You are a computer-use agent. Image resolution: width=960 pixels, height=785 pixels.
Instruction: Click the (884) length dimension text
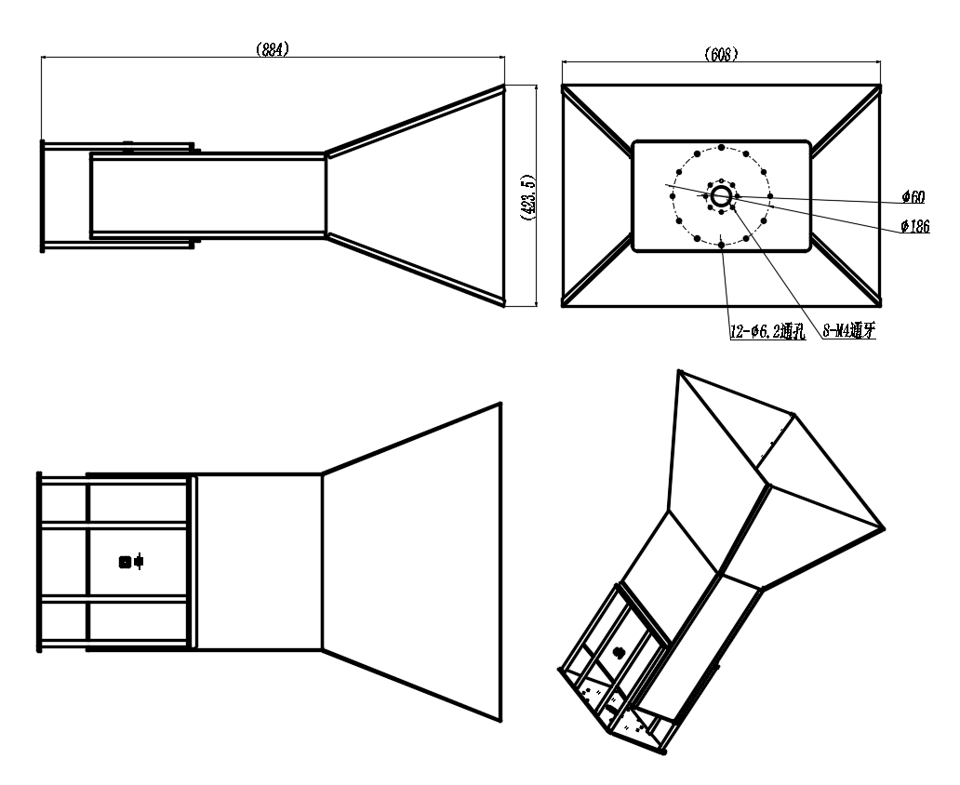(272, 49)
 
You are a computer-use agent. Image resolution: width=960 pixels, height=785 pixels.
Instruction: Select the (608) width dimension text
(721, 55)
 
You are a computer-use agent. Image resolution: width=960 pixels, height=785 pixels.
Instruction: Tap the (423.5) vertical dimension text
(527, 196)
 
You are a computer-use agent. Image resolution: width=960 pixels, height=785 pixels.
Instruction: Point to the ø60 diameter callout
(913, 197)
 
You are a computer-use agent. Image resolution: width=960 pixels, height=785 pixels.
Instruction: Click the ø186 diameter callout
(915, 227)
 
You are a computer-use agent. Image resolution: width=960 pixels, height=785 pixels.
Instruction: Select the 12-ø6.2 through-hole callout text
(767, 332)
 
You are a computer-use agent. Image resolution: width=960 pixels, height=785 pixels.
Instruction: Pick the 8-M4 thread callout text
(848, 331)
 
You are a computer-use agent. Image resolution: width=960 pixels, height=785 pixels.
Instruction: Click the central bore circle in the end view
(721, 196)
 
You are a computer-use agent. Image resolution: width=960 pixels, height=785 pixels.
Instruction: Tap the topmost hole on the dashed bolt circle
(721, 148)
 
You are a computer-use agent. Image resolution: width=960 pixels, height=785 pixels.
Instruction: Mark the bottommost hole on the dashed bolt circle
(721, 245)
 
